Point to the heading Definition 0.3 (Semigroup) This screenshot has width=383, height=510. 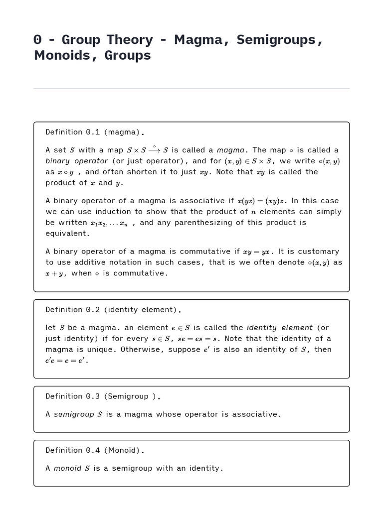pos(103,396)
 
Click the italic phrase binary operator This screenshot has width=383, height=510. pos(77,161)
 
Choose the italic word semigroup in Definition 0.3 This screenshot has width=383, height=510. pos(74,414)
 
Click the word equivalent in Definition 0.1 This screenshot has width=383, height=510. pos(68,234)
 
